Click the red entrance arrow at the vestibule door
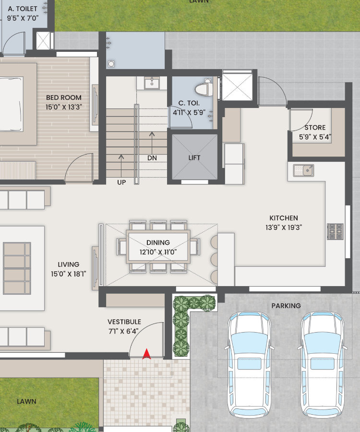pos(146,354)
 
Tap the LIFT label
pos(194,157)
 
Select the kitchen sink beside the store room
pos(303,170)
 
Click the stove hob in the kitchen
pos(335,231)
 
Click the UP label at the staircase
pos(121,182)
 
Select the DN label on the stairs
pos(152,158)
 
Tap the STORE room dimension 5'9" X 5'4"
pos(315,137)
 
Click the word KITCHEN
pos(284,218)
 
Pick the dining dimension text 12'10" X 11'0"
pos(158,252)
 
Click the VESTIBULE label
pos(124,322)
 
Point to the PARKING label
pos(286,306)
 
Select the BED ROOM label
pos(64,97)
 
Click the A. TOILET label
pos(23,9)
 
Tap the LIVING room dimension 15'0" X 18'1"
pos(69,274)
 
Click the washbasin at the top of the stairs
pos(152,83)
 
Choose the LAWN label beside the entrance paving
pos(26,401)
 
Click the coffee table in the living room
pos(17,268)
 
